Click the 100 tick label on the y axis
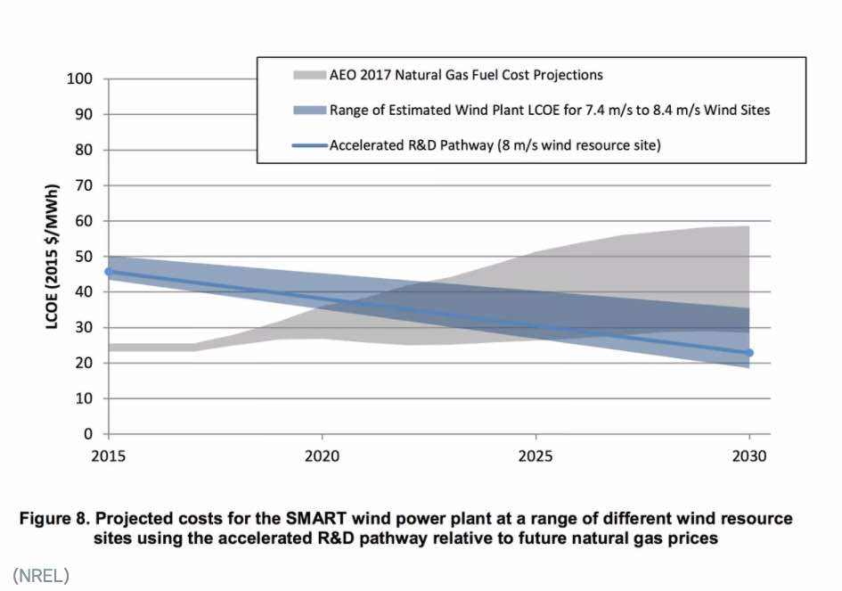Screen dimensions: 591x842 80,78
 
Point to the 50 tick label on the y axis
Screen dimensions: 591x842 84,257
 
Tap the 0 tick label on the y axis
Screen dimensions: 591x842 88,434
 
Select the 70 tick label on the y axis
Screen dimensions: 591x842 84,185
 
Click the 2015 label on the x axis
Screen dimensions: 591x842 108,455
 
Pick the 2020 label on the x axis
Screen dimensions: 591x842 322,455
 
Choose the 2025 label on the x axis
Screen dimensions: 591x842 535,455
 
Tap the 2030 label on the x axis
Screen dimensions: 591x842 749,455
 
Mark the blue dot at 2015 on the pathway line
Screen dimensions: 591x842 109,271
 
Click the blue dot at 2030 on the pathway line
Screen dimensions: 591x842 749,353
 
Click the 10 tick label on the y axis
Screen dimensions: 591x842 84,398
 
